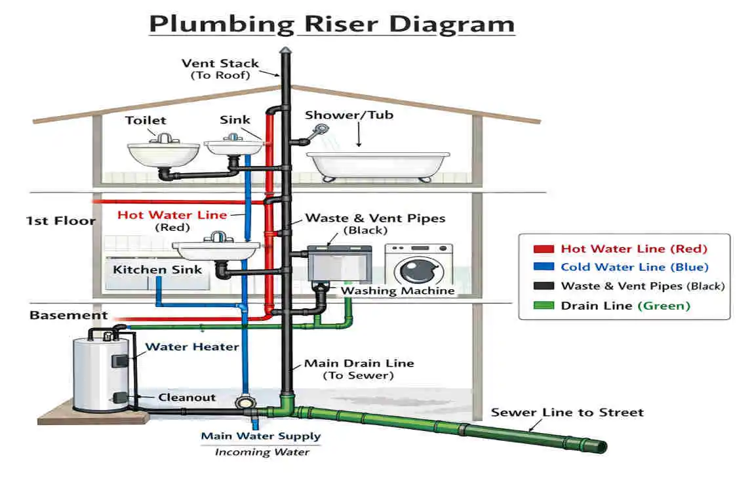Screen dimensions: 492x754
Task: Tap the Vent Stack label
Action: (220, 64)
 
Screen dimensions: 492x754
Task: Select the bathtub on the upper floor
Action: (379, 165)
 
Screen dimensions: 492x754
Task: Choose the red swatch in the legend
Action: (544, 249)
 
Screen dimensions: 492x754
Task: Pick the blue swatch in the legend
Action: (544, 268)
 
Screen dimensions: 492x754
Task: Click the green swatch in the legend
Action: (544, 306)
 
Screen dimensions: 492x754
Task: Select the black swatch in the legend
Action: (544, 287)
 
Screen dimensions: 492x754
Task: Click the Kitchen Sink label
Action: (157, 270)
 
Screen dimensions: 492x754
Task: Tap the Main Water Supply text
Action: (260, 436)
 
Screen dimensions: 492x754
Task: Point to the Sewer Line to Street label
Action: (567, 413)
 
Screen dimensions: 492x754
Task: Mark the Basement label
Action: (68, 316)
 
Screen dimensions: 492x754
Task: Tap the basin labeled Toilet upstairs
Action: (163, 154)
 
